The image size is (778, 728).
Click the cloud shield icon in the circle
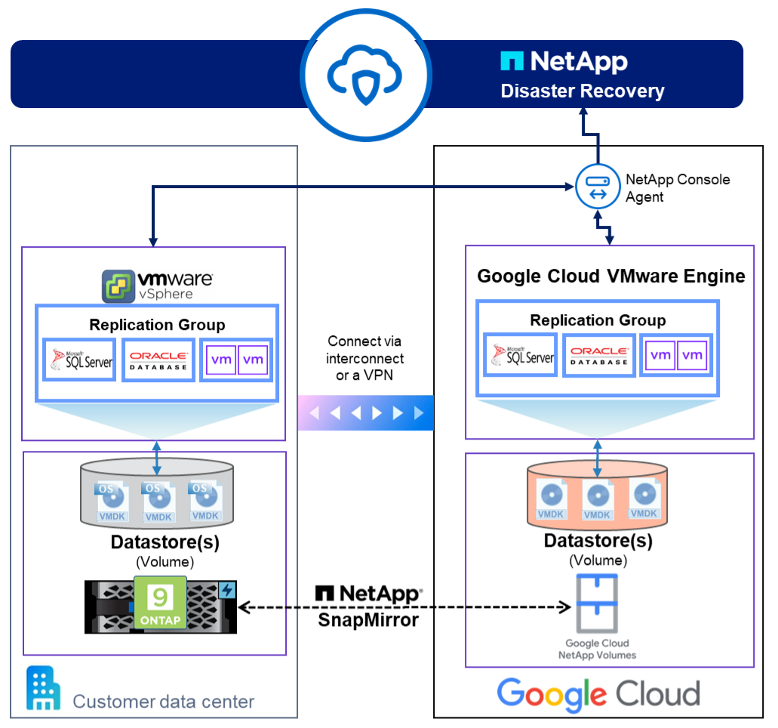coord(364,75)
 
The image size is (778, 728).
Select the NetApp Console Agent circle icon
coord(598,187)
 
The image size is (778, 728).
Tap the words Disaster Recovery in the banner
coord(582,91)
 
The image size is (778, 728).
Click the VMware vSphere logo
coord(158,285)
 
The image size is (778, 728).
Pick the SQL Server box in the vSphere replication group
coord(79,359)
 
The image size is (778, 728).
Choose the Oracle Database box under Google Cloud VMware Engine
coord(599,355)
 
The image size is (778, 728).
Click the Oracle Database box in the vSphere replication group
coord(158,359)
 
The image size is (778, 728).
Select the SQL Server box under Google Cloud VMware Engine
coord(520,355)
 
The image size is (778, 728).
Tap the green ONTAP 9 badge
coord(160,603)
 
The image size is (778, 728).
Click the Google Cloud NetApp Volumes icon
coord(597,603)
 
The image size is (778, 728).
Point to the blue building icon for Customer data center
coord(43,688)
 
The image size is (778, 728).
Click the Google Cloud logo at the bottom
coord(598,694)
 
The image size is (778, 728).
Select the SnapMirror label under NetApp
coord(368,620)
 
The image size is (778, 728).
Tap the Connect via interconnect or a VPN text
coord(364,358)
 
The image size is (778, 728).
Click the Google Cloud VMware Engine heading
coord(610,276)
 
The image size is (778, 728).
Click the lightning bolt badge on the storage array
coord(227,590)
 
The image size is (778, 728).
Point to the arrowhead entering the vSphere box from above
coord(153,242)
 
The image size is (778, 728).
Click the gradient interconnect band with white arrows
coord(366,412)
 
